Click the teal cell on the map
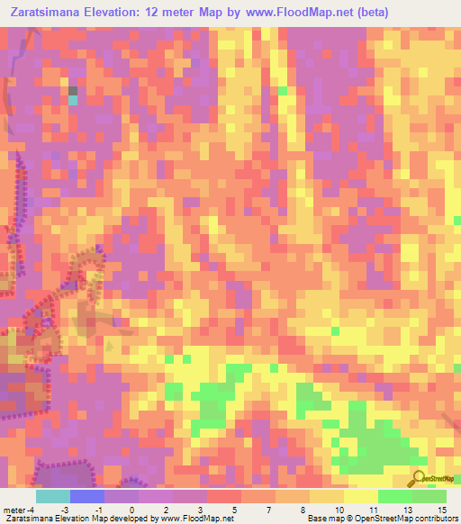[73, 101]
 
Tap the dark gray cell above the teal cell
[73, 90]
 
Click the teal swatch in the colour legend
[52, 495]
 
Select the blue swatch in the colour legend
[86, 495]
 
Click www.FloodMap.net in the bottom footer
[194, 519]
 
